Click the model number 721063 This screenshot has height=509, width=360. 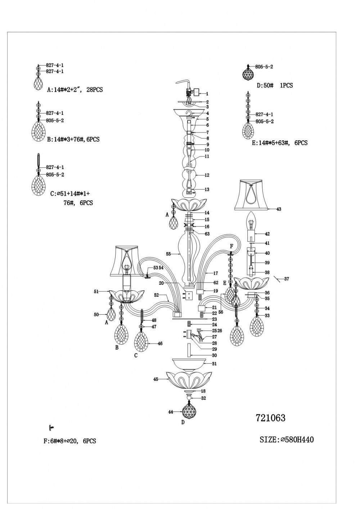tap(270, 418)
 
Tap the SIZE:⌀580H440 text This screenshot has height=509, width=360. tap(287, 440)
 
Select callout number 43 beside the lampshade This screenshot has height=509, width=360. tap(279, 209)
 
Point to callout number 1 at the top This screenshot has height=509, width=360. tap(207, 94)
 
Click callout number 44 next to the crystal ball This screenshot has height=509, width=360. tap(171, 412)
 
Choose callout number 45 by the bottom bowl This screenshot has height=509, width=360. tap(156, 379)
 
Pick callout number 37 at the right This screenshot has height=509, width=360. tap(286, 279)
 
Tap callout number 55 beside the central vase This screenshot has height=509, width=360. tap(168, 254)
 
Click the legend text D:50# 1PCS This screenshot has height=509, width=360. tap(275, 86)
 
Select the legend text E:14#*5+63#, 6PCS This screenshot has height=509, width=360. tap(280, 143)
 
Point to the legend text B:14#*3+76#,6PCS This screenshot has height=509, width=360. tap(73, 139)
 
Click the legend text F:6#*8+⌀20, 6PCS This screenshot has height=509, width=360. tap(69, 441)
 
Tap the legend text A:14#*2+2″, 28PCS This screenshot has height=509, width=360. tap(75, 90)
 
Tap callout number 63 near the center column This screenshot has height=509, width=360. tap(207, 234)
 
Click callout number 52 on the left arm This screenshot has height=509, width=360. tap(157, 295)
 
